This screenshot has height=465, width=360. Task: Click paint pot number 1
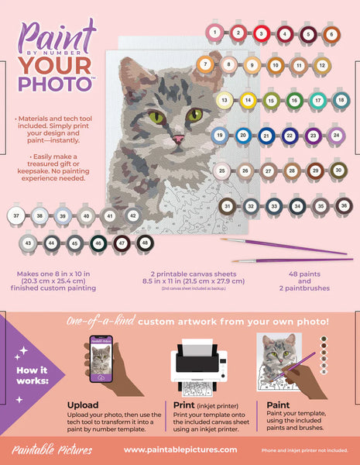point(214,33)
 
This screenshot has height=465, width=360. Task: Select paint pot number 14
point(247,100)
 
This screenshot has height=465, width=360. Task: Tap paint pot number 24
point(335,136)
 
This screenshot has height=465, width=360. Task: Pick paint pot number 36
point(344,206)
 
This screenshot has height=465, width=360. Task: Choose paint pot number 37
point(16,215)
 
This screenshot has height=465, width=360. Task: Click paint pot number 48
point(144,243)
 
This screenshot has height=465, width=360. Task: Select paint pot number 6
point(331,34)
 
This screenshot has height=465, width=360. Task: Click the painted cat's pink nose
point(178,138)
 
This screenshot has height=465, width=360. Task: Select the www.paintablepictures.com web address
point(180,450)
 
